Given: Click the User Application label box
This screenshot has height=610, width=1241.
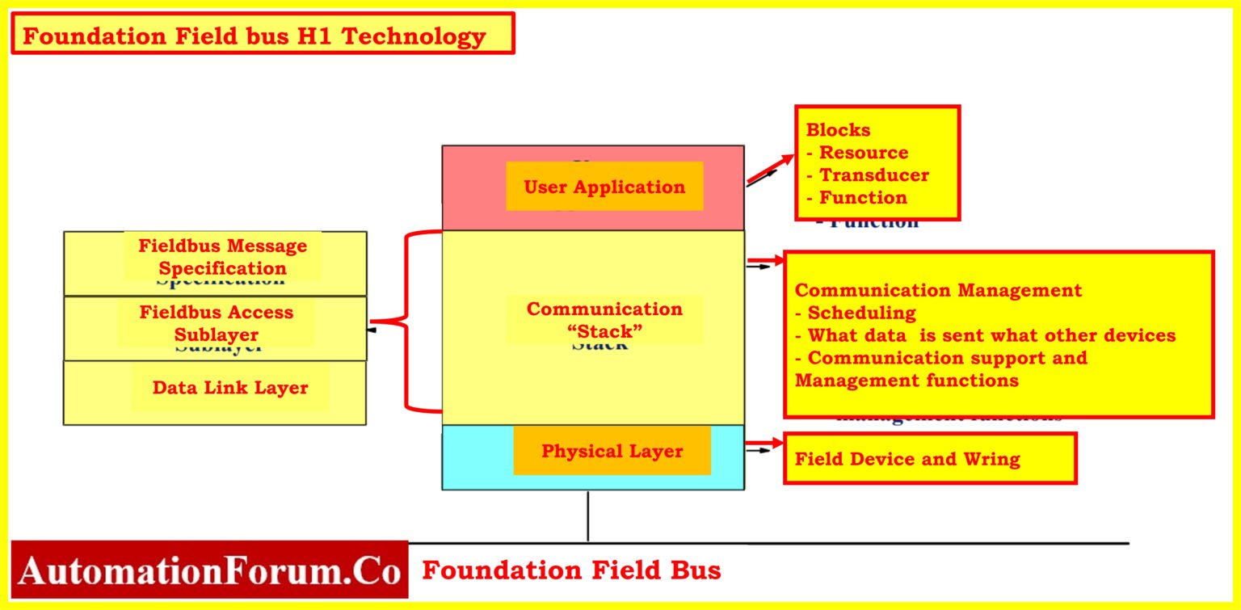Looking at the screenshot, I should [x=604, y=187].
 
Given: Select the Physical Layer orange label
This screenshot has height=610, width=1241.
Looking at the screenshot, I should [x=612, y=451].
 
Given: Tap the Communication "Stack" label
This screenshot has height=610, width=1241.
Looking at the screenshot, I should [x=604, y=319].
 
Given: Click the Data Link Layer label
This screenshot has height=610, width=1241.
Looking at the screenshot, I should [x=230, y=388].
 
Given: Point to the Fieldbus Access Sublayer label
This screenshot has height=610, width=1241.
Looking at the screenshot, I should [x=216, y=323].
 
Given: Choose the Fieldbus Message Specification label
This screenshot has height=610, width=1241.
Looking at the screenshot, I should [x=222, y=257].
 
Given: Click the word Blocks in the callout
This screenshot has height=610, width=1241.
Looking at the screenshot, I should [x=838, y=130].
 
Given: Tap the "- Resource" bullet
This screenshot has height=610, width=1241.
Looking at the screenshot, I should [x=858, y=153].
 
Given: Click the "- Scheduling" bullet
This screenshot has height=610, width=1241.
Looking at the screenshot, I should [x=856, y=313].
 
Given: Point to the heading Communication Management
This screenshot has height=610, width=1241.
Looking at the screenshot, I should [x=938, y=290].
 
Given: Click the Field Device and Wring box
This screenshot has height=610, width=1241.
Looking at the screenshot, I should [x=929, y=459].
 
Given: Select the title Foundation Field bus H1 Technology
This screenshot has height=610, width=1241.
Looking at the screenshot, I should [x=255, y=36].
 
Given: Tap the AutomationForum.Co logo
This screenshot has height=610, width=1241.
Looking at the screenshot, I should [x=209, y=570].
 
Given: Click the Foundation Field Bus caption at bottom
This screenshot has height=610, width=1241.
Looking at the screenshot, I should [x=571, y=570].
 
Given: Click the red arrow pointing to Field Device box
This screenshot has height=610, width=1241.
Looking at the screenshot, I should [x=764, y=444].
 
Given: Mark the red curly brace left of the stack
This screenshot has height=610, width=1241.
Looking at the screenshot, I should [x=404, y=322].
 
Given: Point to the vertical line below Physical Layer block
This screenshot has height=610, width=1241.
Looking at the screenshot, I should [x=587, y=515].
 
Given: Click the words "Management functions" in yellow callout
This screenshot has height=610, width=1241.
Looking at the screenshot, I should [x=907, y=381].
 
